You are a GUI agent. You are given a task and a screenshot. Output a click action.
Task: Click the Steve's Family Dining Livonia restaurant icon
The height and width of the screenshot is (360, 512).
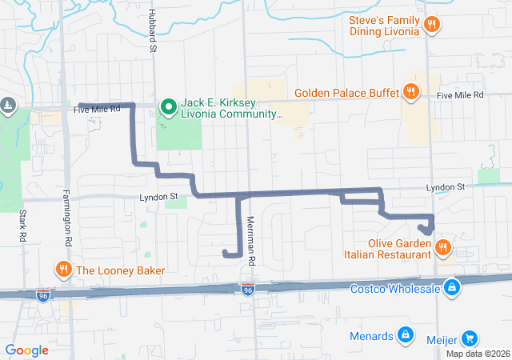point(431,24)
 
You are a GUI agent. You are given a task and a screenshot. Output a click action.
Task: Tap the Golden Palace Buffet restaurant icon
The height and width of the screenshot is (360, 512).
point(410,92)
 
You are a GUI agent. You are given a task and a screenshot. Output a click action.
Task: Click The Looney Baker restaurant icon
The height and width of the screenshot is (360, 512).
point(62,269)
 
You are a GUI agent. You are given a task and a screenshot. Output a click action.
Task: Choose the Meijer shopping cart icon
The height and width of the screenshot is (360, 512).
point(469,338)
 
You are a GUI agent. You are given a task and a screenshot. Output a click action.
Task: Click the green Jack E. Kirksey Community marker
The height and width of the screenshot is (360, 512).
point(168,106)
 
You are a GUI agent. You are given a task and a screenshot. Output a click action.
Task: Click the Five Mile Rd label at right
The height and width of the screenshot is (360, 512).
point(461,94)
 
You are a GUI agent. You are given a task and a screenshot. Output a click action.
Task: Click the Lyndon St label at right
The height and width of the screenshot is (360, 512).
point(445,186)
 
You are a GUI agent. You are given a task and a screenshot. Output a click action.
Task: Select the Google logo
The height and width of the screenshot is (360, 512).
point(27,350)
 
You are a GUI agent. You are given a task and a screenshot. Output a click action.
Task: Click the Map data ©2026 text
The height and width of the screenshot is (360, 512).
point(477,354)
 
